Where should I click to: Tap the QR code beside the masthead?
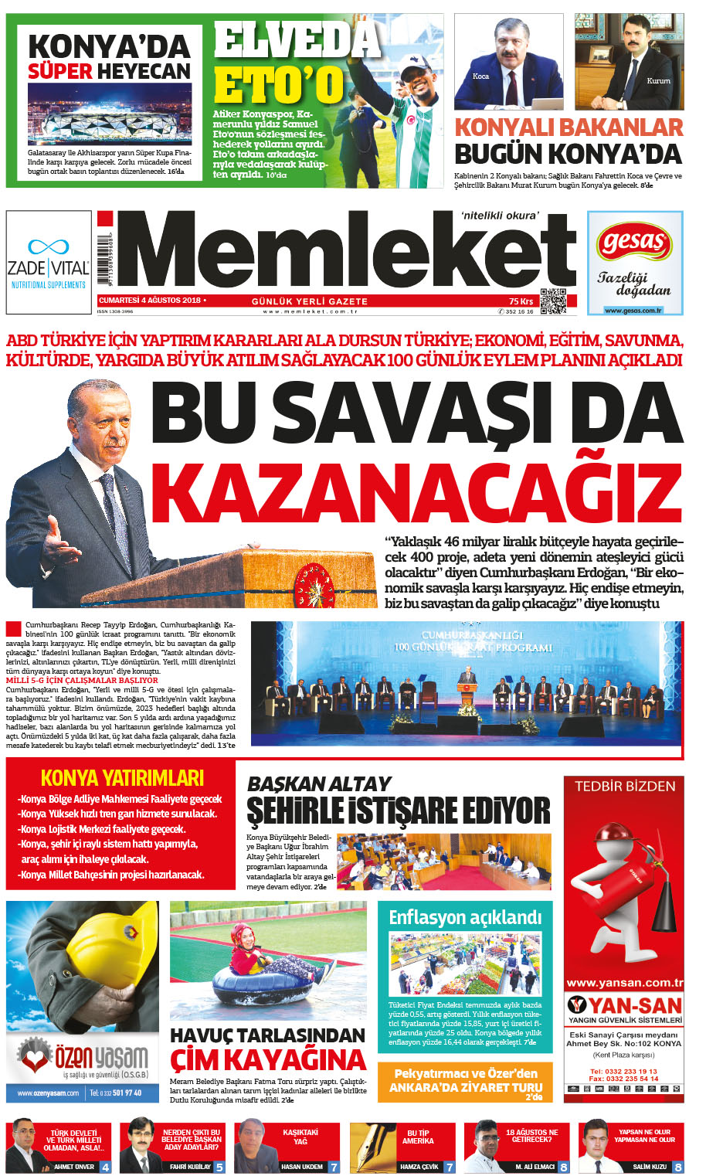point(552,301)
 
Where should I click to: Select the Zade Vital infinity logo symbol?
point(48,246)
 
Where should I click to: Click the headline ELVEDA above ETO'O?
point(298,40)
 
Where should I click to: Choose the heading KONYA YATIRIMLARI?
point(122,777)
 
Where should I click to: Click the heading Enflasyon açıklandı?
point(465,917)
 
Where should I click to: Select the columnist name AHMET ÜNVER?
point(74,1167)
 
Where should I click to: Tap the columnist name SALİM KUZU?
point(649,1167)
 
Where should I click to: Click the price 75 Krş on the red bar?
point(521,301)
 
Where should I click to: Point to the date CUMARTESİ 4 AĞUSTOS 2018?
point(149,300)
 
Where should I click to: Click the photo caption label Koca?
point(480,76)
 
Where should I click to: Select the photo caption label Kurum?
point(658,80)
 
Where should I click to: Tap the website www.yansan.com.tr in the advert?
point(624,983)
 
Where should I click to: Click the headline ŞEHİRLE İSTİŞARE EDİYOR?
point(399,811)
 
